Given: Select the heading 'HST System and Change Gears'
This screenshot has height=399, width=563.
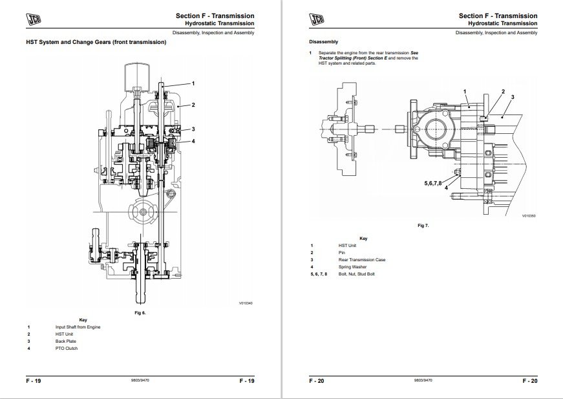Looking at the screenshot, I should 96,43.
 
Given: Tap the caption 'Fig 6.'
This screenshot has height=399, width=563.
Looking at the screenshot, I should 140,313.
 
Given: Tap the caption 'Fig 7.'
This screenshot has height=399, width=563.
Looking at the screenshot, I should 423,226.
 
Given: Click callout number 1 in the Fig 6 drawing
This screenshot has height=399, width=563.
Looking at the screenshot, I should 193,83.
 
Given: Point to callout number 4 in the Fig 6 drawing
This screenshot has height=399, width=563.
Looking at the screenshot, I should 193,140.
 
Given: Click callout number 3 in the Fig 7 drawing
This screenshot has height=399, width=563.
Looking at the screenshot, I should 512,96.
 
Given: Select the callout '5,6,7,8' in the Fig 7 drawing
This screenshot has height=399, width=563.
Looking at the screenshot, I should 433,184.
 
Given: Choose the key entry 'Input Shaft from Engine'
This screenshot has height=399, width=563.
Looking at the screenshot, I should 78,327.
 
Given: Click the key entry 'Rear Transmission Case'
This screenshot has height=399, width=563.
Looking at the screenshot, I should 361,260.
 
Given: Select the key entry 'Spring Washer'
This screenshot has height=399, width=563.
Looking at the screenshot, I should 353,267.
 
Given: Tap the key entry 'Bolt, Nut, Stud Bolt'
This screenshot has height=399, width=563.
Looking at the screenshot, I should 356,274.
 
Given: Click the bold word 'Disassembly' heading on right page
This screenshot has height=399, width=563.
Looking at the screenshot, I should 323,41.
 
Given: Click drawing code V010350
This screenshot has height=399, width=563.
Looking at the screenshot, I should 529,216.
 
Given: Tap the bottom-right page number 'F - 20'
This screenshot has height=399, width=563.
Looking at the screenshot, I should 529,381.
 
